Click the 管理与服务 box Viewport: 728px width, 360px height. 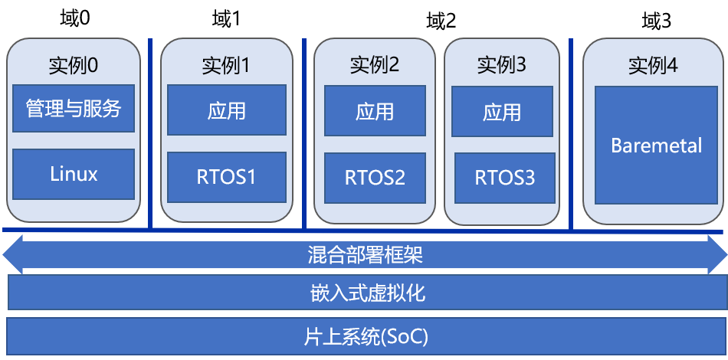pyautogui.click(x=74, y=108)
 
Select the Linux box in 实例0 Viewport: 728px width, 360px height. pyautogui.click(x=74, y=174)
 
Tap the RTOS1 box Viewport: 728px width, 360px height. pyautogui.click(x=226, y=177)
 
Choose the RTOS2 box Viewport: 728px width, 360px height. pyautogui.click(x=375, y=178)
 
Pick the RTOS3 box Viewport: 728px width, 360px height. pyautogui.click(x=504, y=178)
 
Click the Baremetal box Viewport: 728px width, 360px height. pyautogui.click(x=656, y=146)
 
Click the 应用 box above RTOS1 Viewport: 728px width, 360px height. pyautogui.click(x=226, y=110)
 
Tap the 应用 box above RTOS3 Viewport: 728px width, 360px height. pyautogui.click(x=502, y=112)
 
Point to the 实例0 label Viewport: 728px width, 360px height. pyautogui.click(x=73, y=65)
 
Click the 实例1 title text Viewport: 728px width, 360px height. pyautogui.click(x=226, y=66)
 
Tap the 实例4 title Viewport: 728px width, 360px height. pyautogui.click(x=653, y=66)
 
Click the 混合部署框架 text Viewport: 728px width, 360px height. pyautogui.click(x=365, y=254)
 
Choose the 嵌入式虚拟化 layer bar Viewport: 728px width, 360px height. pyautogui.click(x=365, y=293)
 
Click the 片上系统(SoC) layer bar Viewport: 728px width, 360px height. pyautogui.click(x=365, y=335)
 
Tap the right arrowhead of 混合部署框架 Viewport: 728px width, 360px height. pyautogui.click(x=717, y=254)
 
